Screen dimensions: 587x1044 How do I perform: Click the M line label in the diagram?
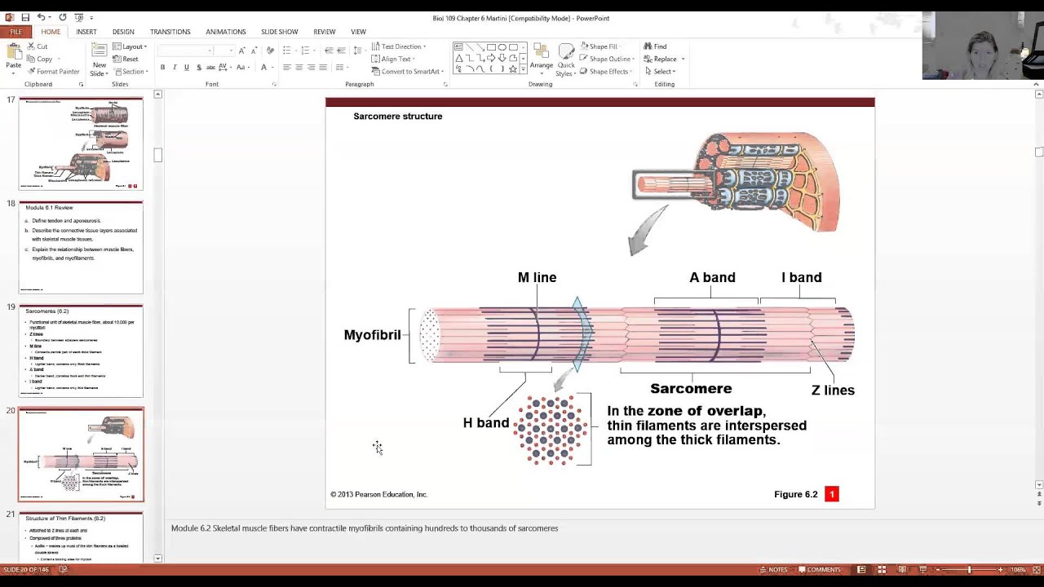pos(537,277)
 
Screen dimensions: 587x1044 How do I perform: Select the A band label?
pos(712,277)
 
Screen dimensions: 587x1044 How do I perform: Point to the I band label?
pos(801,277)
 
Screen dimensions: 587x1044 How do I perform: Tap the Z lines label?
pos(833,390)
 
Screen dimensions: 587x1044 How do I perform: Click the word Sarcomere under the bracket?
pos(691,389)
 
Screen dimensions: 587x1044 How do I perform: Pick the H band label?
pos(485,422)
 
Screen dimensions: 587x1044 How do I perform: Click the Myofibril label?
pos(372,335)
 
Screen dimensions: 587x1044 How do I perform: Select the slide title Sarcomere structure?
pos(397,116)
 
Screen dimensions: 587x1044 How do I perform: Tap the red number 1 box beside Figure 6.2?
pos(831,494)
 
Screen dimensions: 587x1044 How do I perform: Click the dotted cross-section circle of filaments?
pos(551,430)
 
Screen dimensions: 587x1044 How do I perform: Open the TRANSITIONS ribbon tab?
pos(170,32)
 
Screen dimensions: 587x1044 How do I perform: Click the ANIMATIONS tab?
pos(225,32)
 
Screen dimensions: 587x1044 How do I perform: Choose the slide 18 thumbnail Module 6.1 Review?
pos(81,247)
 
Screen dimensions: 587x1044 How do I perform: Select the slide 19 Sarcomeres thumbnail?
pos(81,351)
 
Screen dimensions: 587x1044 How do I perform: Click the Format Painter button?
pos(53,72)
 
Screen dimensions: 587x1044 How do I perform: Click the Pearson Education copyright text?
pos(378,494)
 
